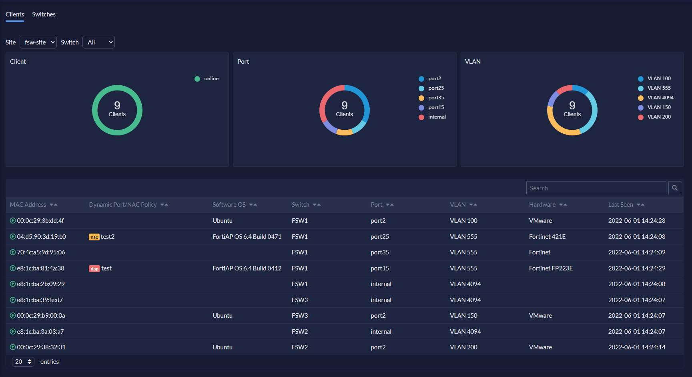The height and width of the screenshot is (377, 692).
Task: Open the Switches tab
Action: (x=44, y=14)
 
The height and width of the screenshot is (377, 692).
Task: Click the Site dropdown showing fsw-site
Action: (x=38, y=42)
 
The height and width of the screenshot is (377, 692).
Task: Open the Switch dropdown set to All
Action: (x=98, y=42)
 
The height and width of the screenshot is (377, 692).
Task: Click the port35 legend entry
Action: (x=436, y=98)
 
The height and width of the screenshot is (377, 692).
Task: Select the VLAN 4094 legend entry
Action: (x=660, y=98)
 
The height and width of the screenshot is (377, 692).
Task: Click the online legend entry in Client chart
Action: (x=211, y=79)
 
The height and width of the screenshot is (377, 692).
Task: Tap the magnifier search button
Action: (x=674, y=188)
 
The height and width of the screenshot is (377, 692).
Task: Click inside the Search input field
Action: (x=596, y=188)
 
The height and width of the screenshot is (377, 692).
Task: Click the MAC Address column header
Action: (x=28, y=205)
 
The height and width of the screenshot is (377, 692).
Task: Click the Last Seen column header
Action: (x=620, y=205)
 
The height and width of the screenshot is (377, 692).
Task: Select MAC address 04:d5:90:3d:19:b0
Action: (x=41, y=237)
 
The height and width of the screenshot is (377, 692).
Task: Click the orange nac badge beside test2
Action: (x=94, y=237)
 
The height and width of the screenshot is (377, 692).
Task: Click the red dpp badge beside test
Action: (x=94, y=269)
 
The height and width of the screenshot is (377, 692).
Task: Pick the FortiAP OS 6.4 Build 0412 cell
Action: (x=247, y=268)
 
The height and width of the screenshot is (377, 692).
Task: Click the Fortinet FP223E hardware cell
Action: (x=550, y=268)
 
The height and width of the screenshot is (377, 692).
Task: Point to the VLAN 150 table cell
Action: (x=463, y=316)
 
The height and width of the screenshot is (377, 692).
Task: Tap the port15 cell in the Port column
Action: (x=379, y=268)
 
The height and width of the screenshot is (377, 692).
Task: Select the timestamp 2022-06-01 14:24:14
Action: (x=636, y=347)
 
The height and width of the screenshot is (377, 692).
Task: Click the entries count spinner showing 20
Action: (x=23, y=362)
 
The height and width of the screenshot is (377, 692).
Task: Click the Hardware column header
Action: (x=542, y=205)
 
